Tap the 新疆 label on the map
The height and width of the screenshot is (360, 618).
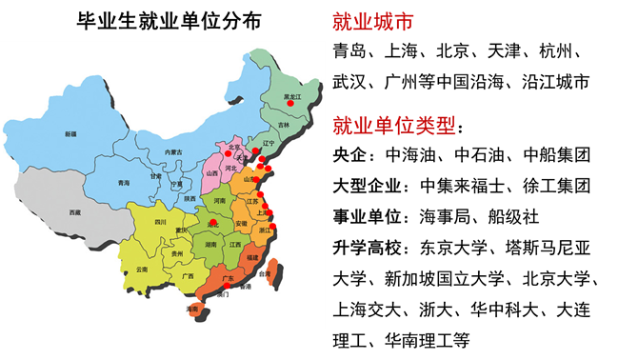pos(70,134)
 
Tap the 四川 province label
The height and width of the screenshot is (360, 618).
pos(161,221)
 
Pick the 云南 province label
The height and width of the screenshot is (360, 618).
pos(142,270)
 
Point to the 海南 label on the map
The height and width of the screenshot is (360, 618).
pos(193,309)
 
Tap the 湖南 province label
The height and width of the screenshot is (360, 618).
pos(209,244)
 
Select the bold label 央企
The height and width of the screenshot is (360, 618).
pos(351,153)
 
